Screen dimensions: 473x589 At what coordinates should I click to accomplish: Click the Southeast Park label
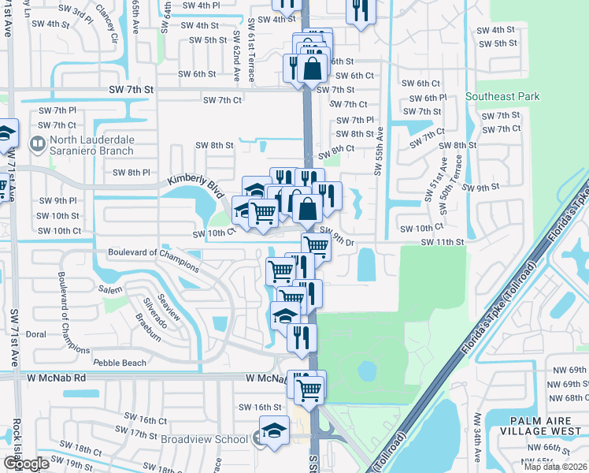[x=502, y=96]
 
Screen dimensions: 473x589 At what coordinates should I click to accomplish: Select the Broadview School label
[x=204, y=439]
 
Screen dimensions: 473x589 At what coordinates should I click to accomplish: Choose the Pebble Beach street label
[x=120, y=363]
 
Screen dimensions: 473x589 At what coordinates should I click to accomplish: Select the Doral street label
[x=35, y=334]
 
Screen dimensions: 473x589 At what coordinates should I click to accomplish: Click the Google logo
[x=26, y=463]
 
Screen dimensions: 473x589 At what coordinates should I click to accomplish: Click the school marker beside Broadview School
[x=273, y=433]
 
